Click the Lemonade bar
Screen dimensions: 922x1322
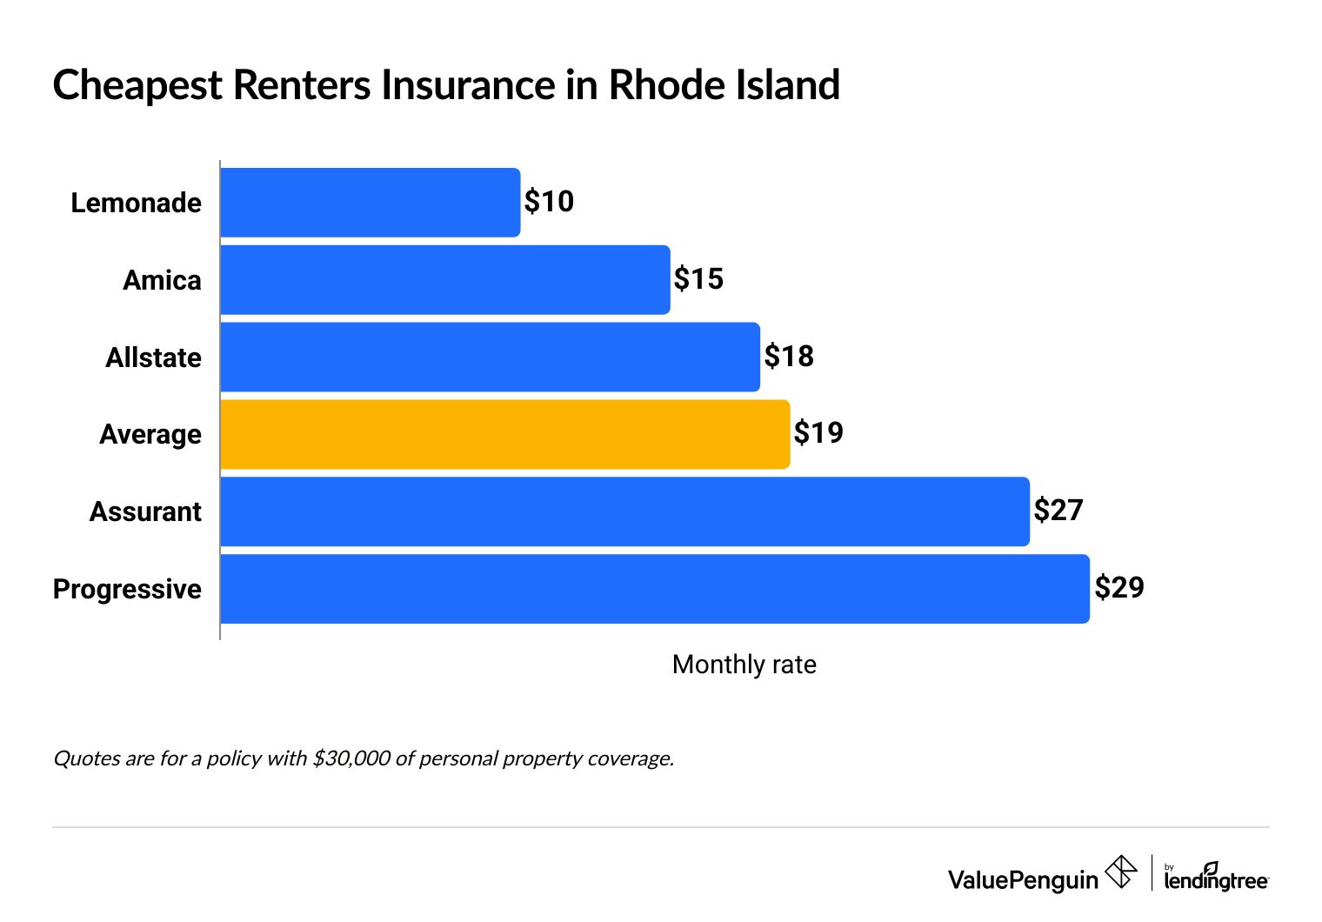click(x=370, y=203)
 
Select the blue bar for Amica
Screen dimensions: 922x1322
click(x=444, y=280)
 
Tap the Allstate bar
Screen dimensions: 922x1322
click(x=490, y=357)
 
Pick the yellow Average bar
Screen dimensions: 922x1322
click(x=504, y=434)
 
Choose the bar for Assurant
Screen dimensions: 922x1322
click(x=624, y=511)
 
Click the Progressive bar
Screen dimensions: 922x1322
click(x=654, y=589)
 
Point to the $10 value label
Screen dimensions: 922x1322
click(x=549, y=202)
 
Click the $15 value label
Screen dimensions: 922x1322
click(x=698, y=279)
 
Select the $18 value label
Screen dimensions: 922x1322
click(x=789, y=356)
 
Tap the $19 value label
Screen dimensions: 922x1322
click(x=818, y=432)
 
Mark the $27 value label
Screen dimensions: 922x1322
click(x=1058, y=510)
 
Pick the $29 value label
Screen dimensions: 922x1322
click(x=1119, y=587)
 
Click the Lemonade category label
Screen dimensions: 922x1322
click(x=136, y=203)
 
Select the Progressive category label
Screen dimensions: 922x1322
click(x=127, y=589)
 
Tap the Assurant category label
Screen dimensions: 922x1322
click(x=145, y=511)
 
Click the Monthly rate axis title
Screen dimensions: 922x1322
click(x=744, y=665)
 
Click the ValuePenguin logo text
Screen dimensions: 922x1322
click(x=1023, y=879)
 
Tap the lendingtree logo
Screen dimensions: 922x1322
click(x=1216, y=878)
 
